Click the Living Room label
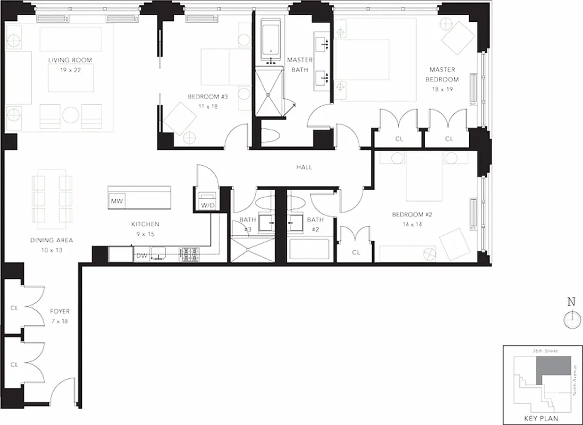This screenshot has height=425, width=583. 70,60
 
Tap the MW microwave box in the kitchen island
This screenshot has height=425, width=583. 116,201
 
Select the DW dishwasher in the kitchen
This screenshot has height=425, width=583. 141,256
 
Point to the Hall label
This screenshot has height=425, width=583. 304,167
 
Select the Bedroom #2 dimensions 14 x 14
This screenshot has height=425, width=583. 407,224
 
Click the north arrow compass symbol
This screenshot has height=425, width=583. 571,317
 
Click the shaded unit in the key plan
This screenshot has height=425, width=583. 554,369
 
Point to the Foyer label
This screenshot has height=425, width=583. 60,311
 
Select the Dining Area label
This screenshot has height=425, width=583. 52,240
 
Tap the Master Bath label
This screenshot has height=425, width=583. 300,65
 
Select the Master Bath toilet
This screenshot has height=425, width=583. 271,137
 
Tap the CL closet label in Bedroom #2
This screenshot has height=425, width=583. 356,252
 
